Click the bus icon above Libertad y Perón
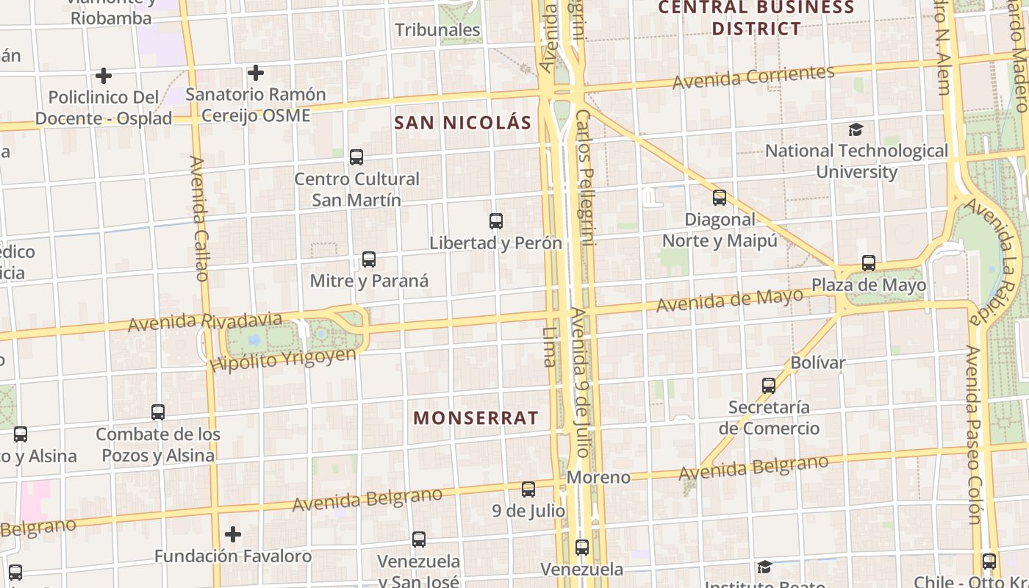(x=496, y=220)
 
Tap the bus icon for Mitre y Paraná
(x=369, y=259)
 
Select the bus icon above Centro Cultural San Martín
(x=356, y=157)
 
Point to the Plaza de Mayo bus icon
(x=869, y=262)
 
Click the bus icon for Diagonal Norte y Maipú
(x=720, y=197)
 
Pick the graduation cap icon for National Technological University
(x=856, y=130)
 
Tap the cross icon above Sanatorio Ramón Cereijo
(x=256, y=73)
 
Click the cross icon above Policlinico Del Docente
(x=104, y=75)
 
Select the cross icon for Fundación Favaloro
(x=233, y=534)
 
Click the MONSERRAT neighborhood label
(x=476, y=418)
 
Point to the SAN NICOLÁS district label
(x=462, y=123)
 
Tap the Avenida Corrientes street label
(x=753, y=77)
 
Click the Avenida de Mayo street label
(x=730, y=300)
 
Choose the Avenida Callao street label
(x=200, y=218)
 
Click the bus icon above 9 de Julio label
(x=528, y=489)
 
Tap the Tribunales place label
(x=437, y=30)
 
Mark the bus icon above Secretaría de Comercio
(x=769, y=385)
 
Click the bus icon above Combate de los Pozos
(x=158, y=412)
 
